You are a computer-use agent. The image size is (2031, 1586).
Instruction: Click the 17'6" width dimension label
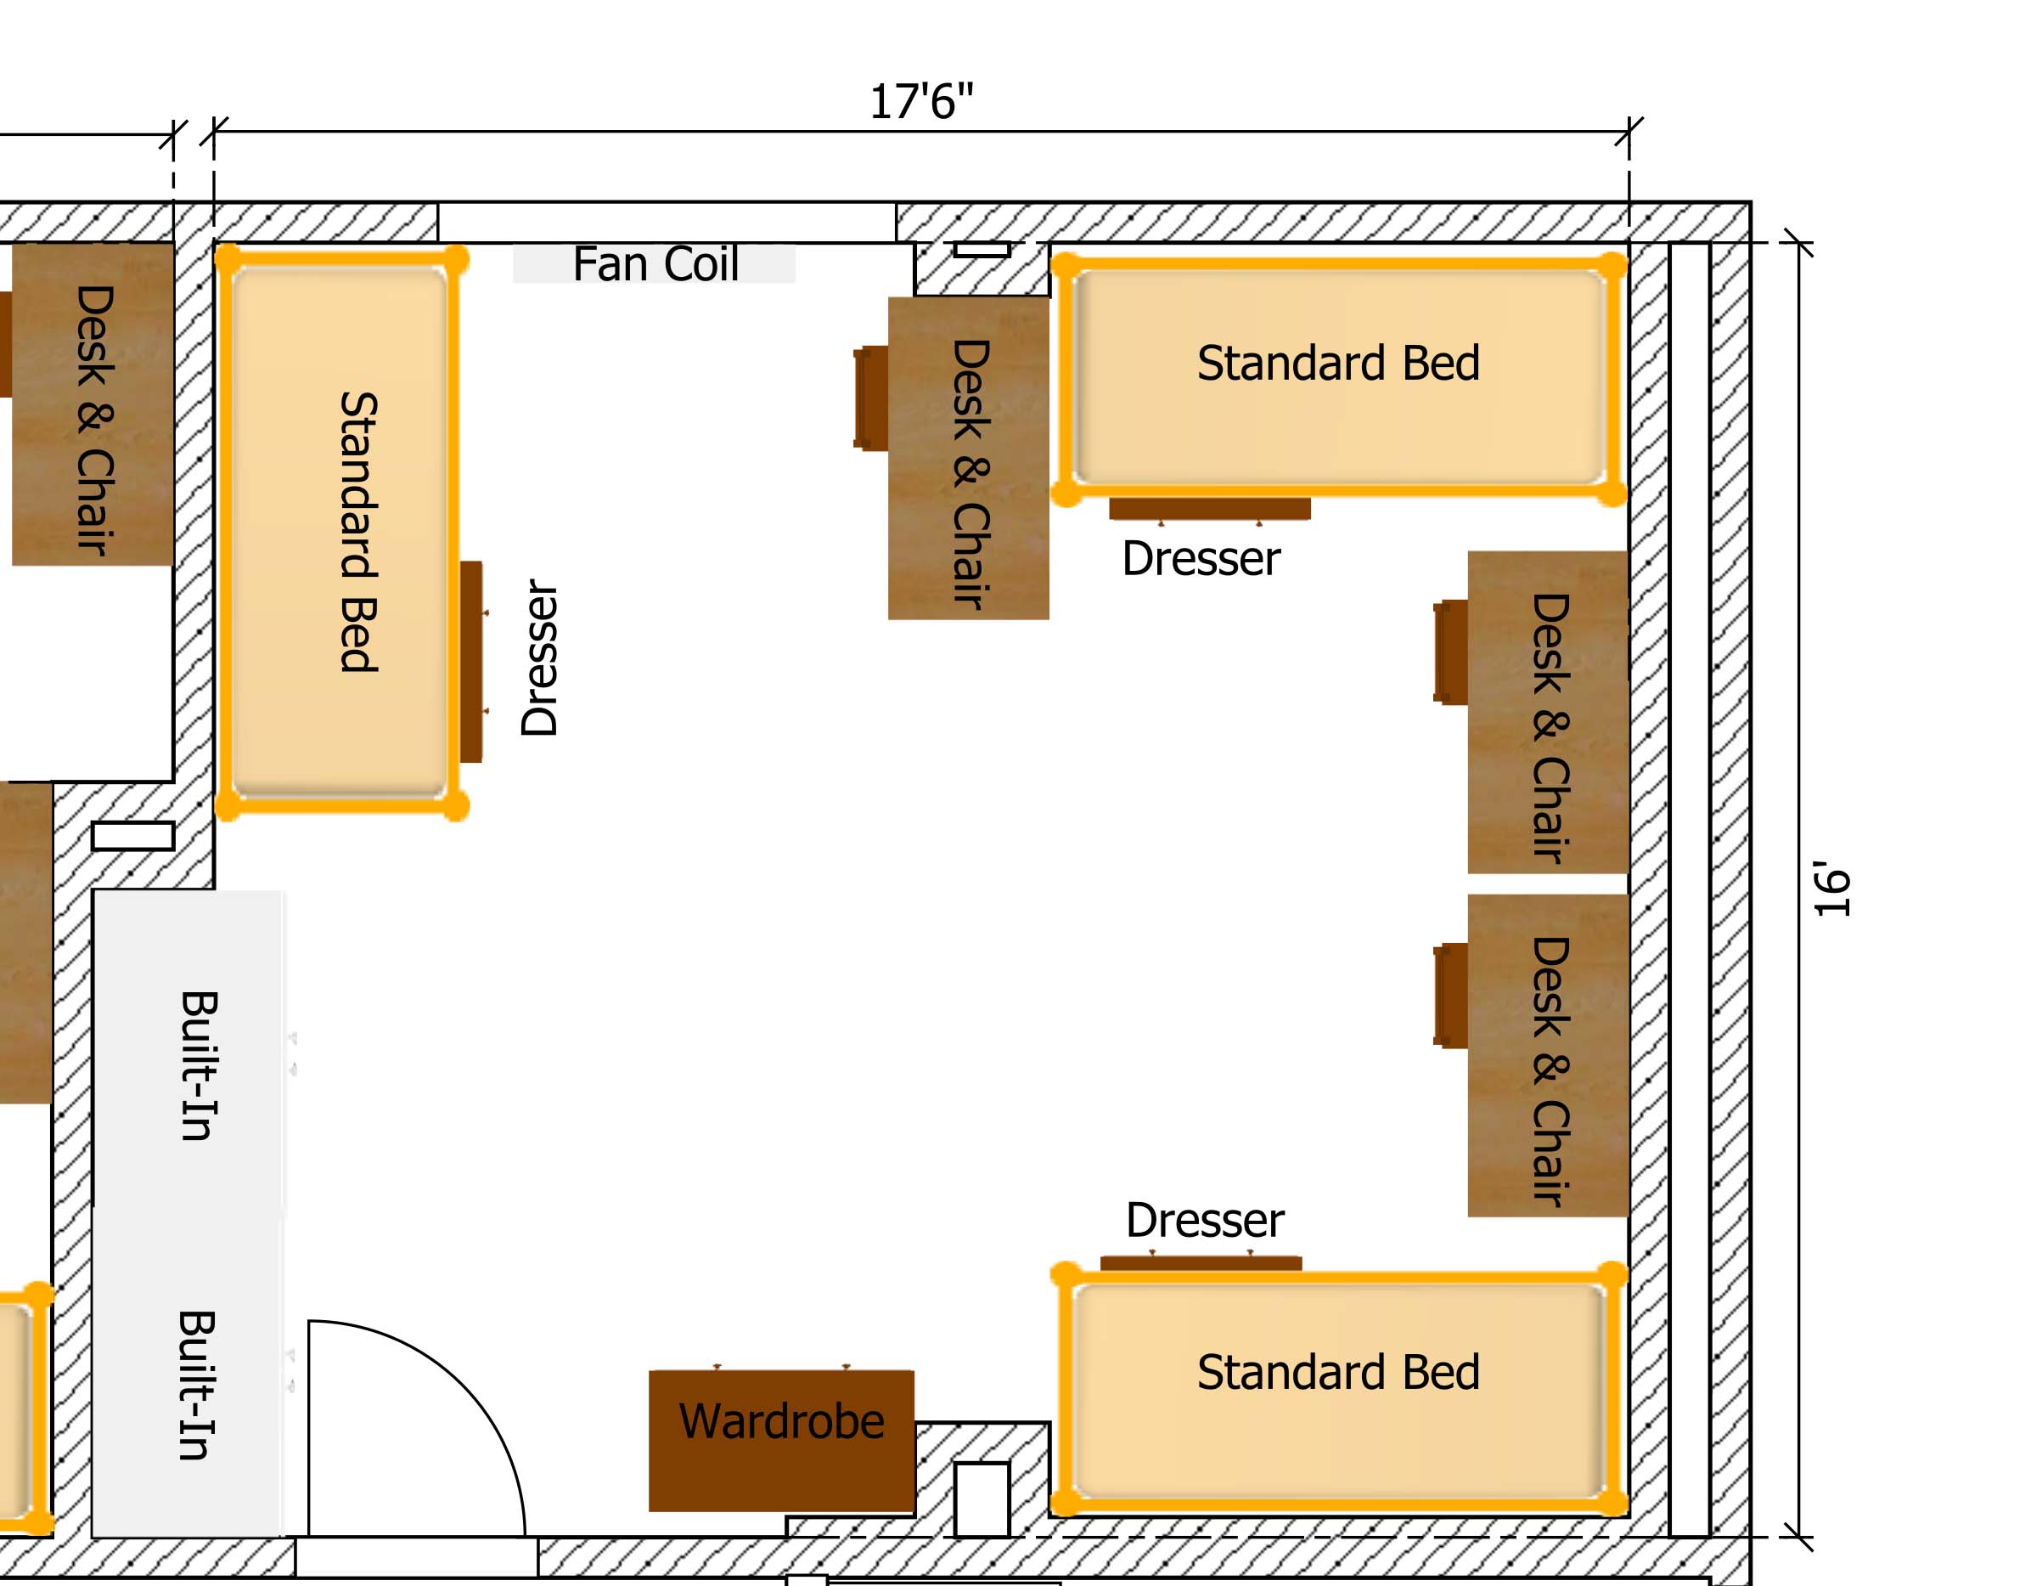click(920, 101)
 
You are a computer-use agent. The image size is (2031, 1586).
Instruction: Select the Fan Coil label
click(655, 263)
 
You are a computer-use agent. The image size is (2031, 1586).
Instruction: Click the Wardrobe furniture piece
click(781, 1440)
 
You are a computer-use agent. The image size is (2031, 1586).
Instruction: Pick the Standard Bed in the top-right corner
click(1339, 375)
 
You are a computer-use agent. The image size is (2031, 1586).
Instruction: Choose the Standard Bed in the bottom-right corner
click(1339, 1390)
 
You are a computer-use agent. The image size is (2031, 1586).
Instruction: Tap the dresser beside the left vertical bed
click(472, 662)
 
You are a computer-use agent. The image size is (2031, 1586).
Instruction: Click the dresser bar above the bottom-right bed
click(1201, 1261)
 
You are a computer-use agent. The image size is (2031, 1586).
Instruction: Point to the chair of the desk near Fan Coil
click(871, 398)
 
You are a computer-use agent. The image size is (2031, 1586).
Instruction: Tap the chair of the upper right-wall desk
click(1451, 652)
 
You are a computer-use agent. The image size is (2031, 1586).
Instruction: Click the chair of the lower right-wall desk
click(1451, 996)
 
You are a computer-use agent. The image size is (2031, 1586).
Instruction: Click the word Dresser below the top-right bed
click(1201, 558)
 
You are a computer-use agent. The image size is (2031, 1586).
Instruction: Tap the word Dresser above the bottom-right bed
click(1205, 1220)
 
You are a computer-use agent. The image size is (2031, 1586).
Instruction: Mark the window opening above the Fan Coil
click(667, 223)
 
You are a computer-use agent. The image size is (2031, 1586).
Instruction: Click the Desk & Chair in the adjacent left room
click(92, 404)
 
